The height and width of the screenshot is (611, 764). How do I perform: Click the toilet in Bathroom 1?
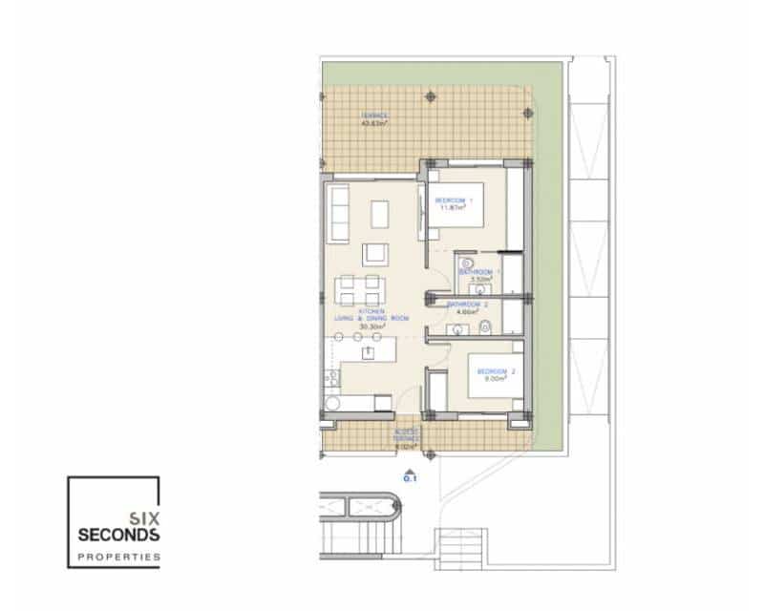pyautogui.click(x=466, y=263)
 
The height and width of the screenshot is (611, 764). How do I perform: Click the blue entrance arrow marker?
pyautogui.click(x=410, y=473)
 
